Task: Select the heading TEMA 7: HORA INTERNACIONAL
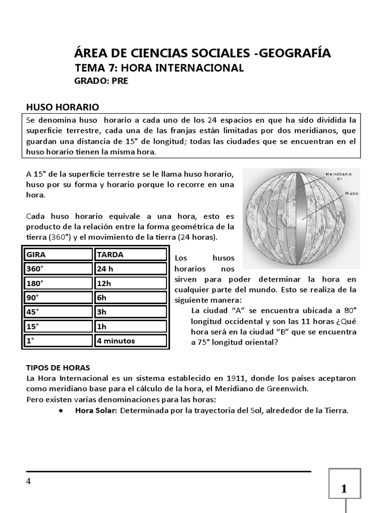coord(159,68)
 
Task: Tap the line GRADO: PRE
coord(101,81)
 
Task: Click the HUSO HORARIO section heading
coord(63,107)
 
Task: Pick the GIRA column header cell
coord(57,254)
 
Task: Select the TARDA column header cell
coord(130,254)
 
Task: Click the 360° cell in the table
coord(57,269)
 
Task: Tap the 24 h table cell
coord(130,269)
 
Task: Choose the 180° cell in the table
coord(57,283)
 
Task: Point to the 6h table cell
coord(130,298)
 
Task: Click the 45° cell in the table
coord(57,312)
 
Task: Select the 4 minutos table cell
coord(130,341)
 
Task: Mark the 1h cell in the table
coord(130,327)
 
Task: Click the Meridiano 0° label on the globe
coord(339,175)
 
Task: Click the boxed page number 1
coord(344,489)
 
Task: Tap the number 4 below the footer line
coord(29,481)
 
